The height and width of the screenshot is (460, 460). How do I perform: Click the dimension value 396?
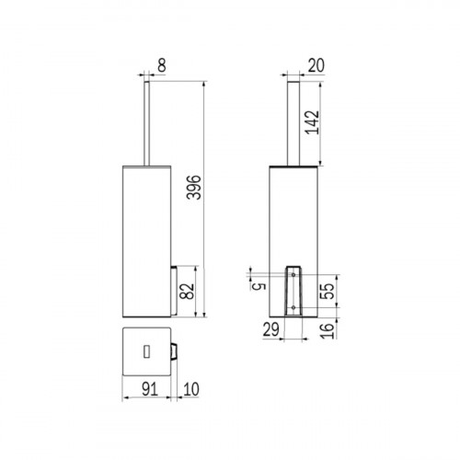click(194, 188)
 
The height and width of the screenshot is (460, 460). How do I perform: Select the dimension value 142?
click(312, 122)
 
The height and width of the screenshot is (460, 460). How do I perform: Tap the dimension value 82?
click(187, 291)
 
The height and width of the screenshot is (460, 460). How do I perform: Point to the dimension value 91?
click(150, 389)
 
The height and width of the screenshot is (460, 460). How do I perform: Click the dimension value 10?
click(191, 389)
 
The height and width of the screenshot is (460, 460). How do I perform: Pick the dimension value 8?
click(162, 65)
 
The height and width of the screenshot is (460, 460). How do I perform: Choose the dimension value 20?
click(316, 65)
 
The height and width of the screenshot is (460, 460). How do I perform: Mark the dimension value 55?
click(327, 291)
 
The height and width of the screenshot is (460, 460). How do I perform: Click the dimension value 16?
click(327, 330)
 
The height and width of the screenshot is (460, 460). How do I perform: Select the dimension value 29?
click(271, 329)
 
